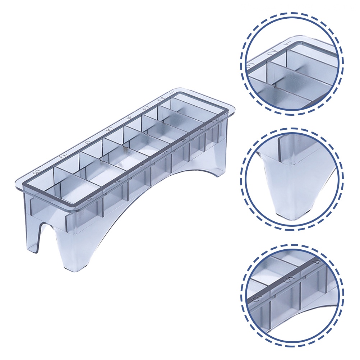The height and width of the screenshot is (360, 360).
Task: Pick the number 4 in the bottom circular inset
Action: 315,262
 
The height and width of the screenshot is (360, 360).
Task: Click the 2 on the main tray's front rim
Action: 214,121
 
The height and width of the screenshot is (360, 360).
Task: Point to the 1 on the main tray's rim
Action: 172,94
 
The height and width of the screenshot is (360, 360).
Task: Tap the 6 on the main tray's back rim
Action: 86,142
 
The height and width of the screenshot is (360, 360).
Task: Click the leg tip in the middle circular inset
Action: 291,212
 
